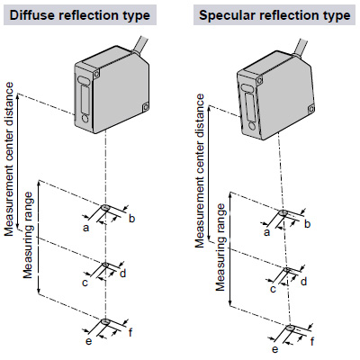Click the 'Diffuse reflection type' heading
[80, 15]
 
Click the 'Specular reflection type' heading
[274, 15]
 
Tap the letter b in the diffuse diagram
[131, 219]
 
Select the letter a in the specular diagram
[267, 232]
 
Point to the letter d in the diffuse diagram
[122, 274]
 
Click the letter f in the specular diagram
[312, 342]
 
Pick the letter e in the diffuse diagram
[88, 341]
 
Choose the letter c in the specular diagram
[273, 289]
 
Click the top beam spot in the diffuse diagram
[105, 207]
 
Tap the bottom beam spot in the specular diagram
[290, 328]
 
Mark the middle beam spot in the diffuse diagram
[105, 265]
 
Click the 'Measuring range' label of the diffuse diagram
[28, 235]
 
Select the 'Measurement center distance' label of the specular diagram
[200, 171]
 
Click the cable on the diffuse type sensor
[140, 45]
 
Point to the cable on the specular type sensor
[300, 47]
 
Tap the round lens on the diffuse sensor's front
[85, 119]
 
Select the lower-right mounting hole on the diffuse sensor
[146, 107]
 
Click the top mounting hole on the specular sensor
[259, 80]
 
